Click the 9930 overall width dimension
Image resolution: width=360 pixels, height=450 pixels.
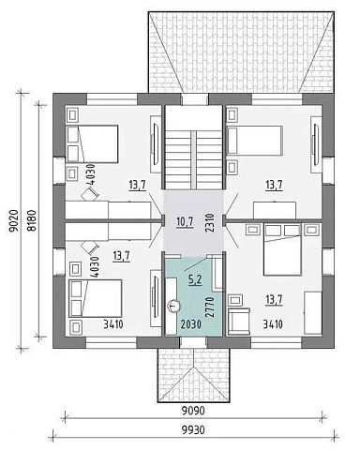point(193,430)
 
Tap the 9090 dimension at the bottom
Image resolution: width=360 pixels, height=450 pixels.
point(193,411)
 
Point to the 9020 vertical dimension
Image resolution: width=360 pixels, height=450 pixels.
point(15,220)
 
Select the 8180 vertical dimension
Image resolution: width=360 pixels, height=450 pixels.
point(32,220)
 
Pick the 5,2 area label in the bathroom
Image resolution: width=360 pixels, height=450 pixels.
point(195,279)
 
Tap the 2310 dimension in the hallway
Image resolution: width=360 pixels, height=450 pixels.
point(210,222)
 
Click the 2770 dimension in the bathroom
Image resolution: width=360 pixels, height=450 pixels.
point(210,307)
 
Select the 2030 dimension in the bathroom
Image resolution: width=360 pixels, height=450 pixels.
point(191,324)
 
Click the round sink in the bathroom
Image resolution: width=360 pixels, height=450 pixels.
point(172,307)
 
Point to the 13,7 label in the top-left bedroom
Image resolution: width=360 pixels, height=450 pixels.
point(137,186)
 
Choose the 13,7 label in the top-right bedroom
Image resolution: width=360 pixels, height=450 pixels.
point(274,186)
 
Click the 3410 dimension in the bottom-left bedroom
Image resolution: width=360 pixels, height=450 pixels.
point(113,324)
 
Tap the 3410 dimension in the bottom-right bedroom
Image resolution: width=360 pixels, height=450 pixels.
point(273,324)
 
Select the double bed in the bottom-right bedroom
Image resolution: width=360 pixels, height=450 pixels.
point(282,249)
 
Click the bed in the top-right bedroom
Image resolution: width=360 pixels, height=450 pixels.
point(254,141)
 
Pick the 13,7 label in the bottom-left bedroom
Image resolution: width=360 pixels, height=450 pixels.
point(122,257)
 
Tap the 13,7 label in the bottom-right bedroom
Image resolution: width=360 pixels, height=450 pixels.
point(274,300)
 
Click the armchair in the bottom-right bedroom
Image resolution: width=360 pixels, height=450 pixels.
point(239,321)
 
